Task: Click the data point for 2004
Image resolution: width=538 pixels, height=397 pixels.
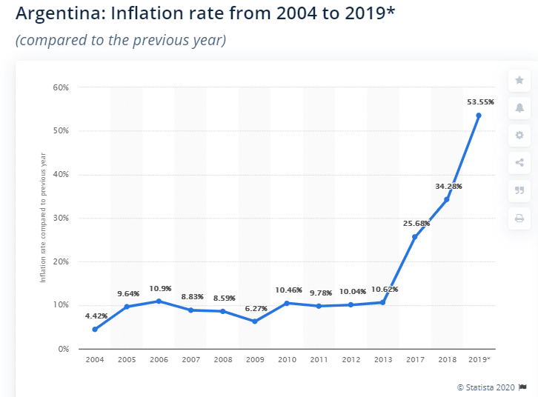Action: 95,330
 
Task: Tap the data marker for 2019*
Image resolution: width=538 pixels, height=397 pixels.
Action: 479,116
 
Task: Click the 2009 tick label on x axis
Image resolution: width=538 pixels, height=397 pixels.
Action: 254,359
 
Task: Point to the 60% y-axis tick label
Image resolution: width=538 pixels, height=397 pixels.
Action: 60,87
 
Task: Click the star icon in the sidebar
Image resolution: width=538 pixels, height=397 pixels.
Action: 519,80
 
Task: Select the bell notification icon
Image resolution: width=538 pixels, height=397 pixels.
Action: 519,108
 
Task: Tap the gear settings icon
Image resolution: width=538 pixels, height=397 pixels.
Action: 519,136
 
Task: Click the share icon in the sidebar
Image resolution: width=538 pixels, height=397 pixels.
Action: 519,163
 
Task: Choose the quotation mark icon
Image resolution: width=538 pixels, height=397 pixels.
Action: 519,190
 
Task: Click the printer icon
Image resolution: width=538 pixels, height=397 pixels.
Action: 519,218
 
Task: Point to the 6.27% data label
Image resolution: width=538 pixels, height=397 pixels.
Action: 254,309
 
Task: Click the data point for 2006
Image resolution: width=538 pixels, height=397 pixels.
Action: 159,301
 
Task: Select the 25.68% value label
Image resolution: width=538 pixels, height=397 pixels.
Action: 416,223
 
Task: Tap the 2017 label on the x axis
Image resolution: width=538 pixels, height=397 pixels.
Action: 414,359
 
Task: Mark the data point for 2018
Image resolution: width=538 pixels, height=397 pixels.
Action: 446,199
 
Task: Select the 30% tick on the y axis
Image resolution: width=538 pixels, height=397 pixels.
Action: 60,218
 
